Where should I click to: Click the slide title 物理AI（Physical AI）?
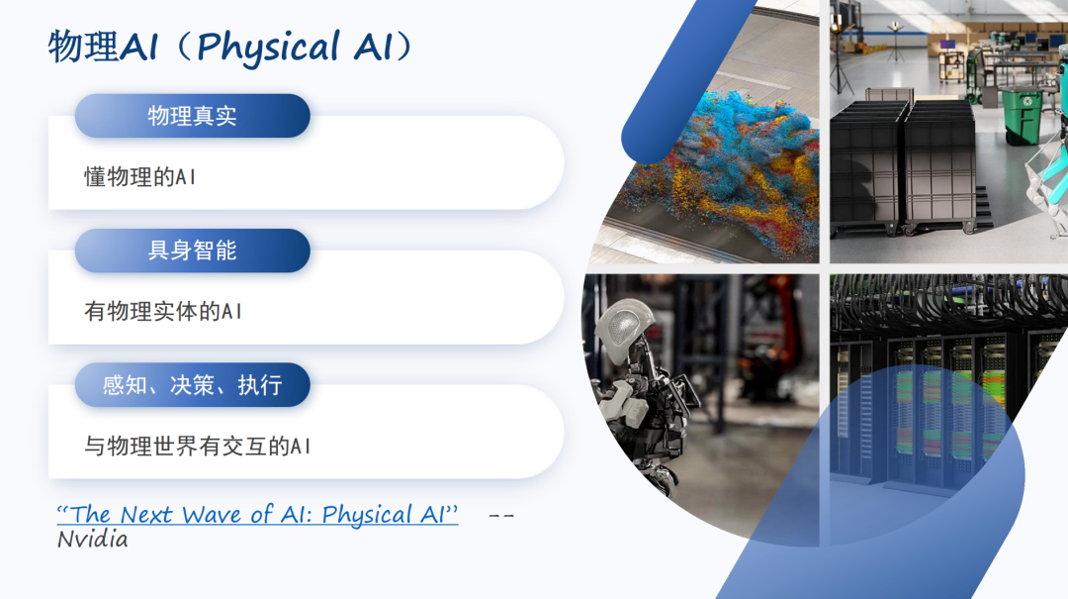point(230,47)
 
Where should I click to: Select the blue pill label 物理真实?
point(193,116)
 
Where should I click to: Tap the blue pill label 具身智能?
point(193,250)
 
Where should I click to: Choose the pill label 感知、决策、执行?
point(193,385)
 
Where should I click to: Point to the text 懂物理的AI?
point(140,177)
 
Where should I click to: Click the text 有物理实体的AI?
point(163,312)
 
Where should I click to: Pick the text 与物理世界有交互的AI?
point(198,447)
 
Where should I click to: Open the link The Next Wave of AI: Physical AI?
point(257,515)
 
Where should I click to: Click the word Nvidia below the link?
point(93,539)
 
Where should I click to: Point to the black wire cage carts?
point(903,163)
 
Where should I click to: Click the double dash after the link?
point(501,516)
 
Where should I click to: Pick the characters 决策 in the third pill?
point(193,385)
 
